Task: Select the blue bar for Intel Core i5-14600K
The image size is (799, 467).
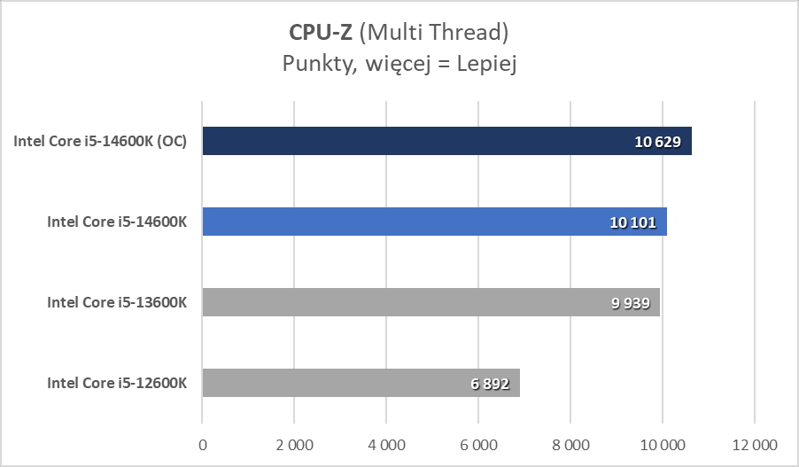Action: [x=399, y=222]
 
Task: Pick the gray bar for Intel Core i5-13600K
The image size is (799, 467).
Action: [x=390, y=303]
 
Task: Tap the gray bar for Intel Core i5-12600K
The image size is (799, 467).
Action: [x=337, y=384]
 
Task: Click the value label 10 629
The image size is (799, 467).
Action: [x=657, y=142]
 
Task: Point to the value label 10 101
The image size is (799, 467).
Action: [x=632, y=222]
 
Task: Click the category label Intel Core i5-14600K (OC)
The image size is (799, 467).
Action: [x=100, y=142]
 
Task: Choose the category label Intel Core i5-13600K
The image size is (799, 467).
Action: [x=117, y=303]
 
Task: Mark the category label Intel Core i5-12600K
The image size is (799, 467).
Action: [x=117, y=384]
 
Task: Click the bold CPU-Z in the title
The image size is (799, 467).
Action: [x=321, y=32]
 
